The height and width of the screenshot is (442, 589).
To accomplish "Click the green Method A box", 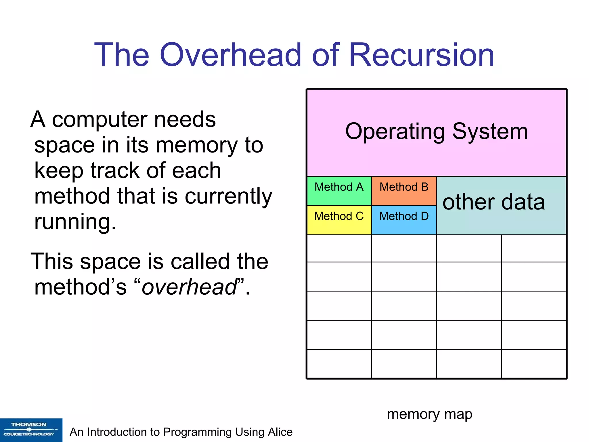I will pyautogui.click(x=339, y=191).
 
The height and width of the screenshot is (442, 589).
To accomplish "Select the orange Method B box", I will pyautogui.click(x=404, y=191).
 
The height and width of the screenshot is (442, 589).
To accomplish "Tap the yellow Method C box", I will pyautogui.click(x=339, y=220).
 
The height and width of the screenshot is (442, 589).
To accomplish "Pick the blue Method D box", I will pyautogui.click(x=404, y=220).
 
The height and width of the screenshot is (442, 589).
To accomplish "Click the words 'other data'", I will pyautogui.click(x=494, y=202).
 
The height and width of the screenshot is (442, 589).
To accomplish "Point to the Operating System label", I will pyautogui.click(x=436, y=132).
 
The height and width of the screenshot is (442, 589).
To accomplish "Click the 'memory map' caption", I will pyautogui.click(x=429, y=414).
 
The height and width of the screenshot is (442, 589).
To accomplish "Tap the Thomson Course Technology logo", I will pyautogui.click(x=31, y=430).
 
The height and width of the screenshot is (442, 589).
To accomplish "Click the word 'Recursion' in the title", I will pyautogui.click(x=421, y=55).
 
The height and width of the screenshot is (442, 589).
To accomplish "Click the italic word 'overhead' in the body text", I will pyautogui.click(x=189, y=287).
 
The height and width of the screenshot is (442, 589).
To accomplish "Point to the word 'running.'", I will pyautogui.click(x=75, y=222).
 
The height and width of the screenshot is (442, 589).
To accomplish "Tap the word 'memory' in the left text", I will pyautogui.click(x=197, y=145).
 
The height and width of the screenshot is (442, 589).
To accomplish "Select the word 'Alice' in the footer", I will pyautogui.click(x=280, y=432).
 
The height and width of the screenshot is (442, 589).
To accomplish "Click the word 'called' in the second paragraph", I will pyautogui.click(x=201, y=262).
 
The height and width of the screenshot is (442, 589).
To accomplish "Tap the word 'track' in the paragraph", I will pyautogui.click(x=115, y=171).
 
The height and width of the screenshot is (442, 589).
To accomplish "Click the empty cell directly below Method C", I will pyautogui.click(x=339, y=248).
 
